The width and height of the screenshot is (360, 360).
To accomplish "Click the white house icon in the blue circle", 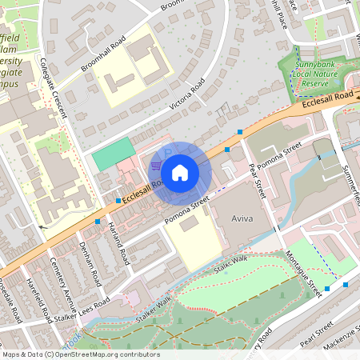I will (180, 172).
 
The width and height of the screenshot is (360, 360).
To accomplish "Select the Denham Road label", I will (90, 265).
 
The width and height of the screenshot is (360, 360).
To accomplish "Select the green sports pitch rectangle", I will (112, 154).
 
